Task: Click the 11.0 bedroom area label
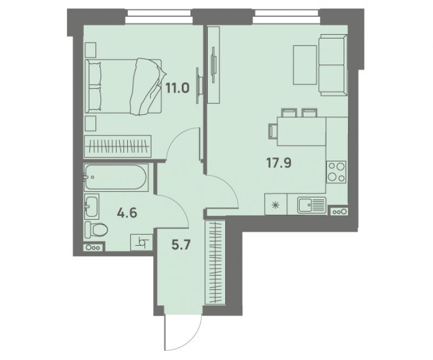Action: [x=178, y=89]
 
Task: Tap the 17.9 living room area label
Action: [x=279, y=163]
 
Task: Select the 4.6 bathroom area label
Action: [x=127, y=213]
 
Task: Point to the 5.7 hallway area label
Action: [x=181, y=245]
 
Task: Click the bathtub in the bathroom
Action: [x=116, y=178]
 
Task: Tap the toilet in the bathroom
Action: [x=96, y=230]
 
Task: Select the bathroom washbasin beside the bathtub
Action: [x=91, y=206]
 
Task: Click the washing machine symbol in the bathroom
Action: [x=142, y=243]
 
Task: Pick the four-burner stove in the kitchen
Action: [x=336, y=172]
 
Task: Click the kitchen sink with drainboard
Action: [x=312, y=205]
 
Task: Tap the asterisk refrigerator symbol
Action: [x=275, y=205]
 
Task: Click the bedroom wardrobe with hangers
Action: [x=117, y=146]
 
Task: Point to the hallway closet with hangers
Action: [x=215, y=262]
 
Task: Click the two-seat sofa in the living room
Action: [x=333, y=65]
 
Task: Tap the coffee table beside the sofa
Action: [x=305, y=65]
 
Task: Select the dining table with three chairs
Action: [x=301, y=131]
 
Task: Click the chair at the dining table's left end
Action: [x=273, y=131]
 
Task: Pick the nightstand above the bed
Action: [x=90, y=50]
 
